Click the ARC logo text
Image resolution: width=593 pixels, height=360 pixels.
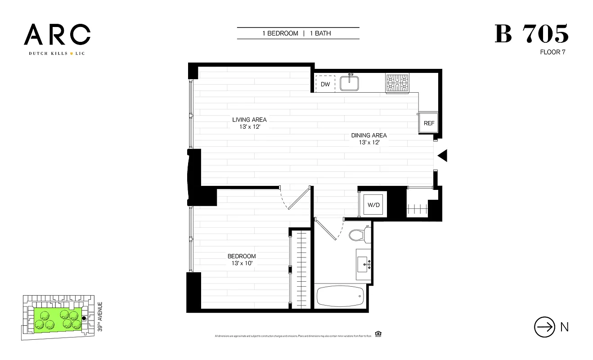[x=57, y=35]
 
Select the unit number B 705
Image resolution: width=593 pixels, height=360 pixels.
[x=531, y=34]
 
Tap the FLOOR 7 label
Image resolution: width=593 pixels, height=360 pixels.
[x=553, y=52]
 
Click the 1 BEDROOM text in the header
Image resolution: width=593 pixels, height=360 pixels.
[x=280, y=33]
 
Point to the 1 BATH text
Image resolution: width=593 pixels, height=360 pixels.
[x=320, y=33]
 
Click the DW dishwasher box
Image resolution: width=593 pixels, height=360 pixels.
[x=325, y=84]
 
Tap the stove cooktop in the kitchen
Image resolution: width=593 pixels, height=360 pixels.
[x=397, y=83]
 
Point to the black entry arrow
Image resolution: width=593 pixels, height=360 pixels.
[x=442, y=156]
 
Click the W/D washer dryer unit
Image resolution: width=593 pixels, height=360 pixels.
[x=374, y=205]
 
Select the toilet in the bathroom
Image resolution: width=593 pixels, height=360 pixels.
[x=359, y=234]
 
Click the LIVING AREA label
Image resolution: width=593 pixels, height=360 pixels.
[x=249, y=120]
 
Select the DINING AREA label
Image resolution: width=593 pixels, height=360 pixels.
[x=369, y=135]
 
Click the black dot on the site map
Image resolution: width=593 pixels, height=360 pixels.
[x=84, y=318]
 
